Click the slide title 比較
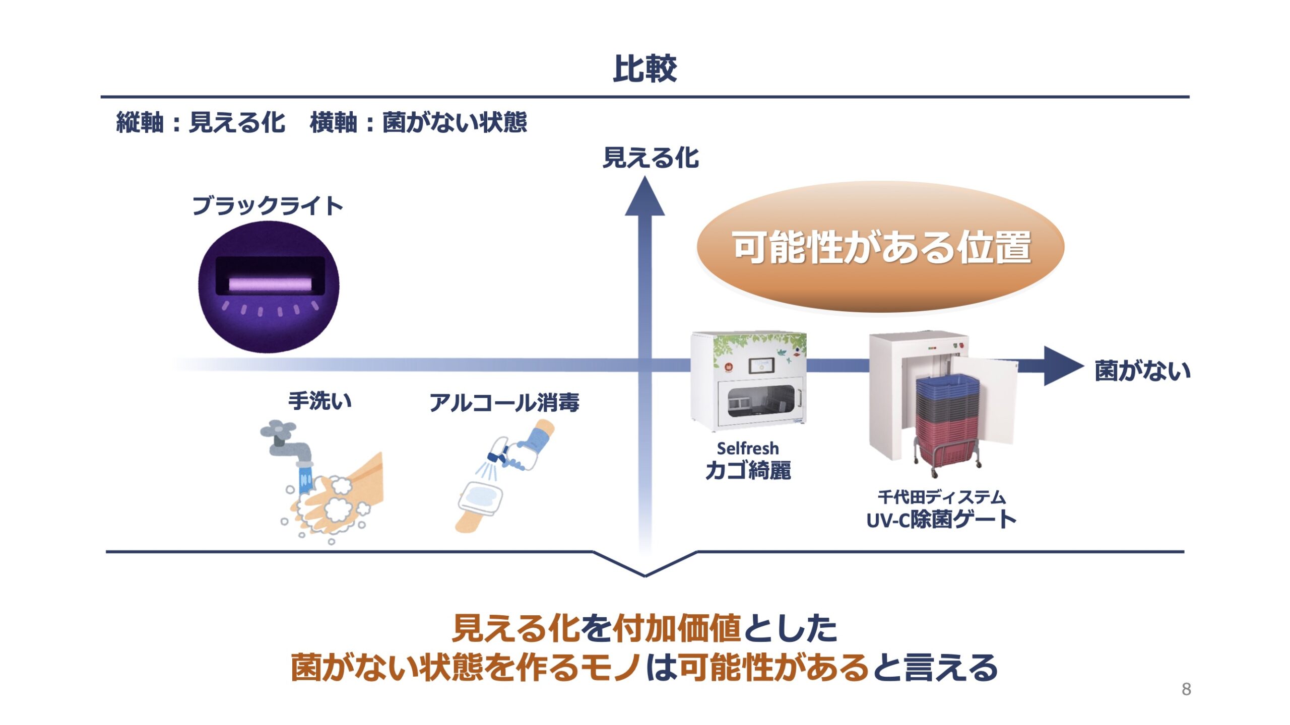point(644,68)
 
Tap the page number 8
point(1186,689)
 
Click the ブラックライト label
point(268,205)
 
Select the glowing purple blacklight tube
point(271,284)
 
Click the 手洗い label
point(320,401)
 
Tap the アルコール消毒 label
point(504,403)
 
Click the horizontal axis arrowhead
point(1063,366)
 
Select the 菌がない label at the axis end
point(1142,371)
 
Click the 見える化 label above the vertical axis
point(651,158)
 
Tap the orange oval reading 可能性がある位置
point(880,247)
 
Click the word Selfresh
point(748,448)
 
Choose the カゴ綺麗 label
point(748,470)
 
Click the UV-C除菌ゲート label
point(941,520)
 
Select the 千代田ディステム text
point(941,497)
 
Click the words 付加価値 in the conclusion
point(677,628)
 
